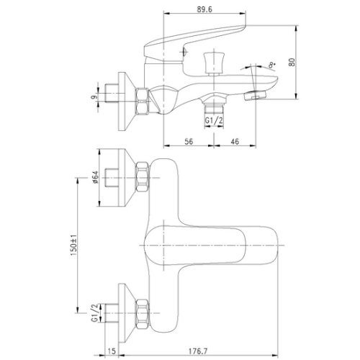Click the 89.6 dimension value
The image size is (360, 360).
[204, 9]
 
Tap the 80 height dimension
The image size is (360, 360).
[292, 62]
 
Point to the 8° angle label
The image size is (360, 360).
[272, 65]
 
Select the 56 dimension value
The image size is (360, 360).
[189, 141]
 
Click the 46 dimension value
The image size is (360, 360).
[235, 141]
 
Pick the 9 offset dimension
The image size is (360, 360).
[94, 97]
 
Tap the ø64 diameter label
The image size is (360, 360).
[95, 177]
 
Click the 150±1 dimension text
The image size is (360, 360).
[73, 245]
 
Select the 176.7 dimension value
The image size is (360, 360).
[197, 351]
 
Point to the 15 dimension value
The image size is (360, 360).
[112, 351]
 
